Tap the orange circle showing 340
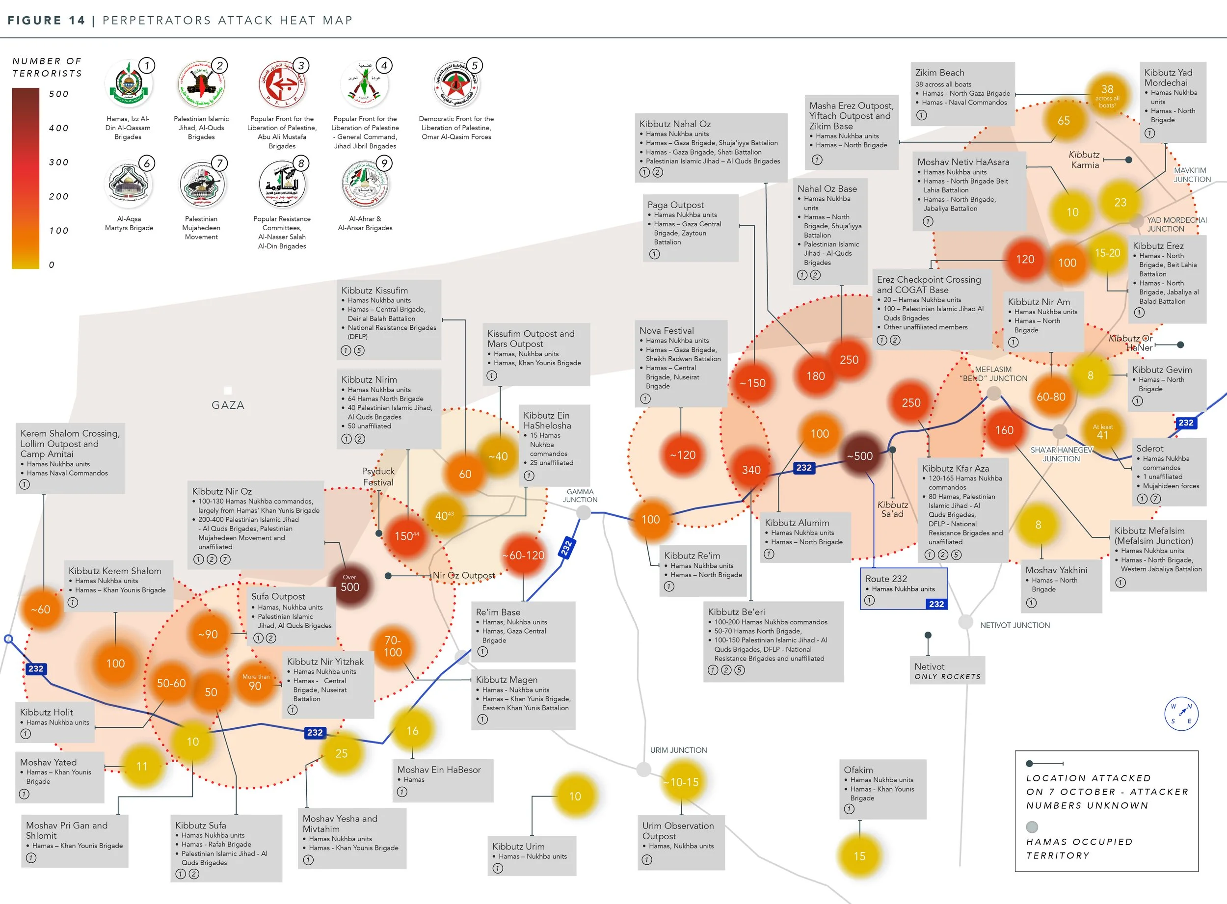point(751,470)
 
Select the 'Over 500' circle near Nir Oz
point(350,585)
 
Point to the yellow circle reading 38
point(1107,93)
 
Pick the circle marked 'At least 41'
point(1102,433)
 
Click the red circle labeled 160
point(1004,430)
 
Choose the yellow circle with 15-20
point(1107,253)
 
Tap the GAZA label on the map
point(228,405)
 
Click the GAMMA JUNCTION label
point(580,496)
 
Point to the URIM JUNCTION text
point(678,750)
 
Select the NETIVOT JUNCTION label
point(1014,625)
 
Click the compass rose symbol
point(1181,714)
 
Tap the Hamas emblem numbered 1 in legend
point(129,85)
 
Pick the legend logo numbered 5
point(456,85)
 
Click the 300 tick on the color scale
point(58,162)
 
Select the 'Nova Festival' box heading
point(666,330)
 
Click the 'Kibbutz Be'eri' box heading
point(736,612)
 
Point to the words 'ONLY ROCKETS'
point(947,677)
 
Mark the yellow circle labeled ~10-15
point(681,782)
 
